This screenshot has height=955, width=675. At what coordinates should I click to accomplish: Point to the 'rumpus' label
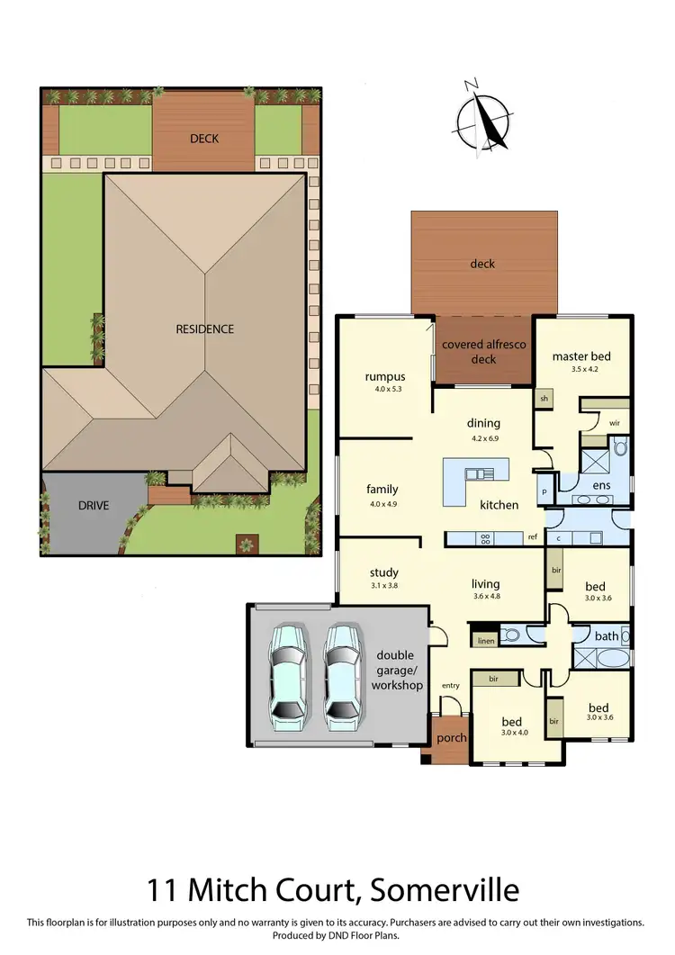(384, 376)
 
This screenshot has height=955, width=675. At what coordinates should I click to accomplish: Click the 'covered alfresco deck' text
(483, 352)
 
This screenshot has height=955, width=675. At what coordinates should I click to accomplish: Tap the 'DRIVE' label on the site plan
(93, 505)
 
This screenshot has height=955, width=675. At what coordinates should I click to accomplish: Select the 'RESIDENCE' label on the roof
(204, 329)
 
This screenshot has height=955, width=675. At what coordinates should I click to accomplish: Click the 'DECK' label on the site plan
(204, 138)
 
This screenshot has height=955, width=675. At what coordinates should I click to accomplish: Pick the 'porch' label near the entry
(451, 738)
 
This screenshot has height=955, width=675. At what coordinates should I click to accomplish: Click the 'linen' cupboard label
(486, 641)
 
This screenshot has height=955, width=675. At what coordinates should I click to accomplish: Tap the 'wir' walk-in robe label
(614, 421)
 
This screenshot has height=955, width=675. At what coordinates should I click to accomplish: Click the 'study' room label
(383, 572)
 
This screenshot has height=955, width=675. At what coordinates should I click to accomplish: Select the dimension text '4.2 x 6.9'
(483, 438)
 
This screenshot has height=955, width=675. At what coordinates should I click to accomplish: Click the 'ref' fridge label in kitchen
(533, 537)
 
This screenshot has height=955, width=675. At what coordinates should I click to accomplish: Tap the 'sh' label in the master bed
(544, 398)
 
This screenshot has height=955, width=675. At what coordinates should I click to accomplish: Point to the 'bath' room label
(607, 636)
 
